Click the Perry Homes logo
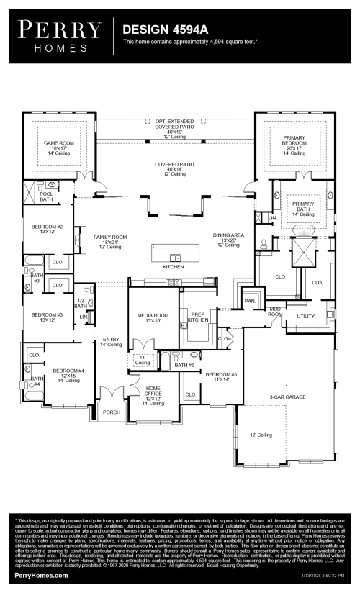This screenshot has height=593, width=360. pos(60,35)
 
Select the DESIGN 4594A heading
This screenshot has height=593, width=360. pos(161,30)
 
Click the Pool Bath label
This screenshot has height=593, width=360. pos(46,196)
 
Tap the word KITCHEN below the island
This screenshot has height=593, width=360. pos(173,266)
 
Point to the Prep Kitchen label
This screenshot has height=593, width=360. pos(198,317)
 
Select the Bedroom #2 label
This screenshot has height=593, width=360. pos(47,229)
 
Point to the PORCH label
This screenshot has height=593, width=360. pos(112,412)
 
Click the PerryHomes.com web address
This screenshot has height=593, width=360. pos(42,576)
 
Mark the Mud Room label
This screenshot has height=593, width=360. pos(274,312)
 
